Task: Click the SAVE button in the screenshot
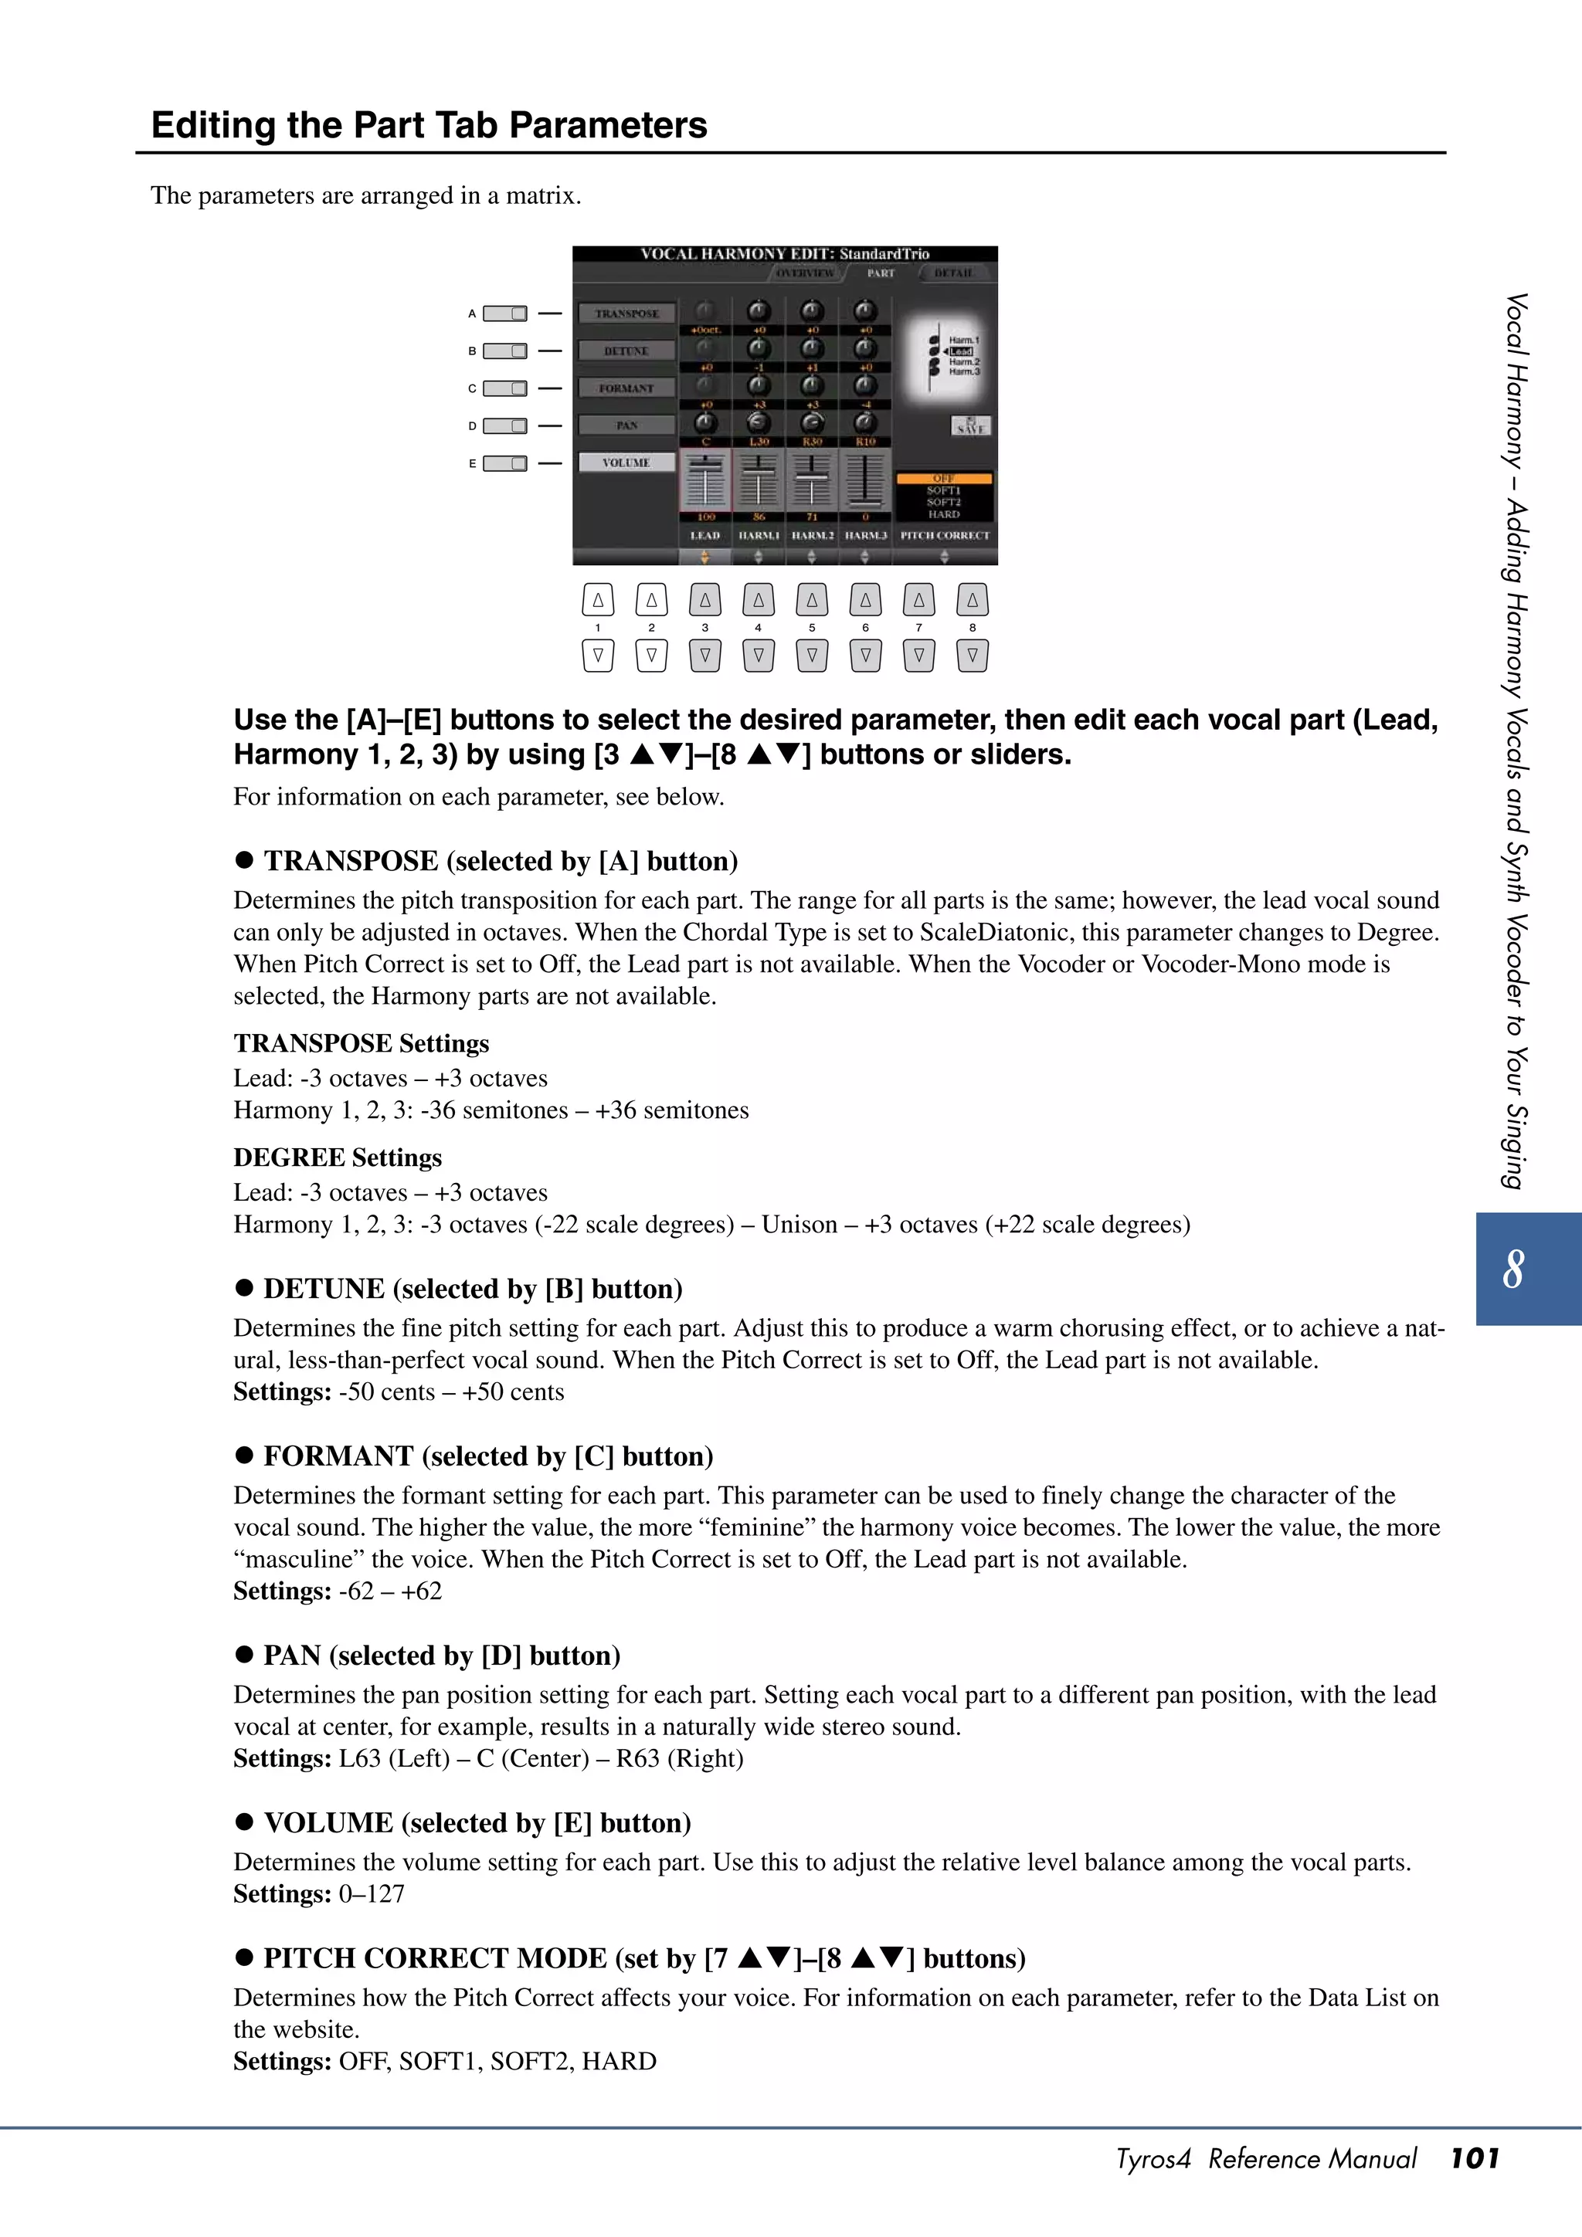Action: tap(971, 425)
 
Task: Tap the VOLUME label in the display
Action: tap(626, 463)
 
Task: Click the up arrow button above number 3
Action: tap(704, 600)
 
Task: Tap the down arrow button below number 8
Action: tap(972, 656)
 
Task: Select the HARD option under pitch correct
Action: tap(943, 514)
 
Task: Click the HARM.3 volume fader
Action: tap(864, 480)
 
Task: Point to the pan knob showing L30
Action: tap(759, 423)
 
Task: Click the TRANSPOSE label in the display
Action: tap(626, 314)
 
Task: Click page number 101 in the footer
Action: tap(1474, 2158)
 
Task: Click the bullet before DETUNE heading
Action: tap(243, 1288)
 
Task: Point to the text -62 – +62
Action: tap(390, 1591)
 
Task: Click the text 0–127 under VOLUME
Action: tap(372, 1894)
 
